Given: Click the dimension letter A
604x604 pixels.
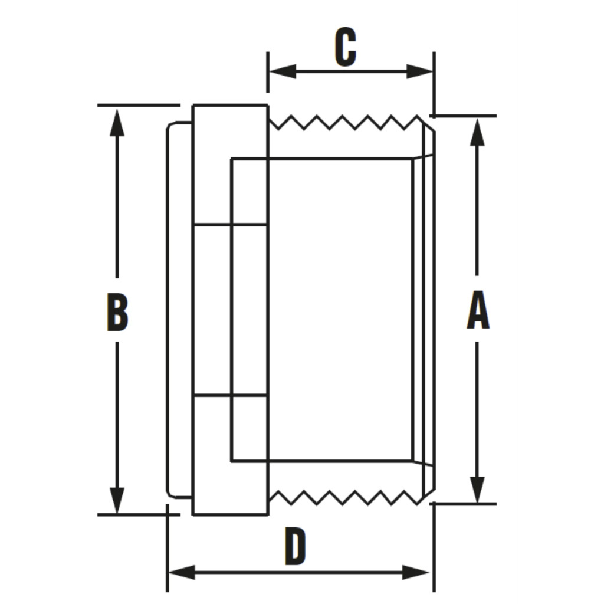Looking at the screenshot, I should tap(478, 311).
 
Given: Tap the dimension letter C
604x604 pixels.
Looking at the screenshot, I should tap(346, 47).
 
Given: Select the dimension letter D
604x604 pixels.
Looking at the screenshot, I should tap(296, 547).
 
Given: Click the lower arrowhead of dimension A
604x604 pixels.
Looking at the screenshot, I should tap(478, 490).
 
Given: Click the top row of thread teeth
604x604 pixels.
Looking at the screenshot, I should tap(345, 123).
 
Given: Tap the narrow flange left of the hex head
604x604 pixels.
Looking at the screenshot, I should tap(179, 310).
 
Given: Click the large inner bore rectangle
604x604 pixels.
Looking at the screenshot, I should tap(339, 310).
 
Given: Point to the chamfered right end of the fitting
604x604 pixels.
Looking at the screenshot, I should tap(429, 310).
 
